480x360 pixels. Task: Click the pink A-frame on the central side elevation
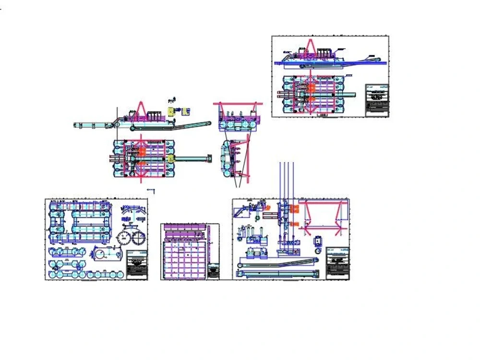[x=141, y=110]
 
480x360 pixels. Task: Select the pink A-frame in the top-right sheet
[x=311, y=48]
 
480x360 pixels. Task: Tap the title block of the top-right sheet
[x=377, y=100]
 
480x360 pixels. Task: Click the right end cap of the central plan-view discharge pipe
[x=209, y=157]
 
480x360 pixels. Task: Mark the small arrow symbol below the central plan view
[x=152, y=191]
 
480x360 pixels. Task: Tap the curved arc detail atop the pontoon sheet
[x=133, y=211]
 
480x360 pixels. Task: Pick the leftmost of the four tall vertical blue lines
[x=280, y=182]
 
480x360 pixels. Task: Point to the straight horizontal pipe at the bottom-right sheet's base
[x=278, y=274]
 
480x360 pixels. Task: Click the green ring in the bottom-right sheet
[x=317, y=250]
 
